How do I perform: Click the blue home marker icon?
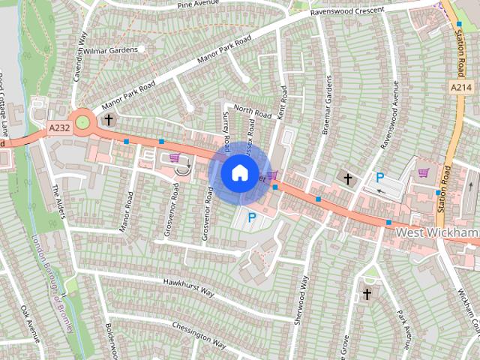[x=238, y=172]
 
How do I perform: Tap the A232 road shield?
[x=59, y=129]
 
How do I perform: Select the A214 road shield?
[x=461, y=88]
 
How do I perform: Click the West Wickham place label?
[x=437, y=233]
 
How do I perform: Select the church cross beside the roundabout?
[x=109, y=119]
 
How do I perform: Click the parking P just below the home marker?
[x=251, y=217]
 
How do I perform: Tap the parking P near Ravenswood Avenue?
[x=380, y=178]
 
